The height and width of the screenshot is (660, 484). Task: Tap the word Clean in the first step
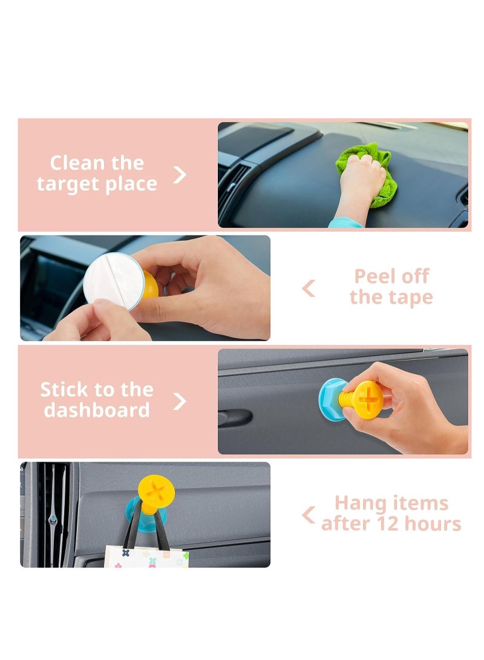(x=73, y=163)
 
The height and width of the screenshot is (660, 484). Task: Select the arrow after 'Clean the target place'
(x=180, y=174)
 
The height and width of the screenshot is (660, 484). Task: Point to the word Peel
(x=374, y=277)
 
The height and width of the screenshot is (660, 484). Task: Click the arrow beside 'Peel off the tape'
(x=309, y=289)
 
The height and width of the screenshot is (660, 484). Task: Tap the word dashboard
(x=97, y=410)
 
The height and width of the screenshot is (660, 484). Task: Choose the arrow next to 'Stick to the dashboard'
(x=180, y=400)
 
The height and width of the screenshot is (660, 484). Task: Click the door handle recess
(x=235, y=417)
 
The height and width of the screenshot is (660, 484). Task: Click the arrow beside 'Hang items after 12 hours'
(x=309, y=515)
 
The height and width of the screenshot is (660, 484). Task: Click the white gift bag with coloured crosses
(x=145, y=557)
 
